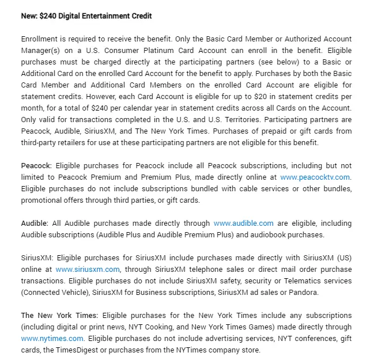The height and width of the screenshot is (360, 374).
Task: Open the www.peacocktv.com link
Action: pyautogui.click(x=315, y=177)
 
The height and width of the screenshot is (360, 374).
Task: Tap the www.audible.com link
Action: pyautogui.click(x=243, y=223)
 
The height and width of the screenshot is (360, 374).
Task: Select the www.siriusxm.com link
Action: pyautogui.click(x=88, y=269)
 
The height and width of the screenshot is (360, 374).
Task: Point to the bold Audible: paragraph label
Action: pyautogui.click(x=35, y=223)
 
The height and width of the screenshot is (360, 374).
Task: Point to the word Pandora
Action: pyautogui.click(x=303, y=292)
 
